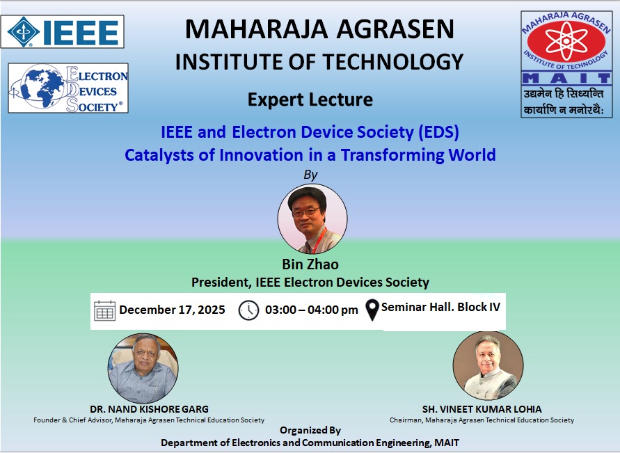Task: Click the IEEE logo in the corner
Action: [x=63, y=31]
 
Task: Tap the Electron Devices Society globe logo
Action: [x=68, y=88]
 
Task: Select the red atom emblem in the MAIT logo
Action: [x=566, y=41]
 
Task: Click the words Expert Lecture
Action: [x=310, y=100]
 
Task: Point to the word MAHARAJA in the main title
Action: [x=256, y=29]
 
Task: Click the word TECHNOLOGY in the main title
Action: [x=393, y=62]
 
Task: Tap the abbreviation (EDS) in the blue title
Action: [x=438, y=132]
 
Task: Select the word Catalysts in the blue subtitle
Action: [x=159, y=155]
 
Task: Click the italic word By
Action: [x=310, y=175]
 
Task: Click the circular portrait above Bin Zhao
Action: [x=312, y=219]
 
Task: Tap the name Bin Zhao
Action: [x=310, y=264]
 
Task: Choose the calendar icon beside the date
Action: [x=105, y=310]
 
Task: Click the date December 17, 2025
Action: [x=172, y=310]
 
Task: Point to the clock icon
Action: [x=248, y=310]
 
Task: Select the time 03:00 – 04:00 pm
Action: [x=312, y=310]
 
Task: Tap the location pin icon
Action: [x=372, y=310]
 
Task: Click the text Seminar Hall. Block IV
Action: [x=441, y=307]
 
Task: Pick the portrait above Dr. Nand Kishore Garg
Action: [x=143, y=368]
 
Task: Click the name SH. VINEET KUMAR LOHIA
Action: [x=482, y=409]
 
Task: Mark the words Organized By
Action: [x=310, y=430]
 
